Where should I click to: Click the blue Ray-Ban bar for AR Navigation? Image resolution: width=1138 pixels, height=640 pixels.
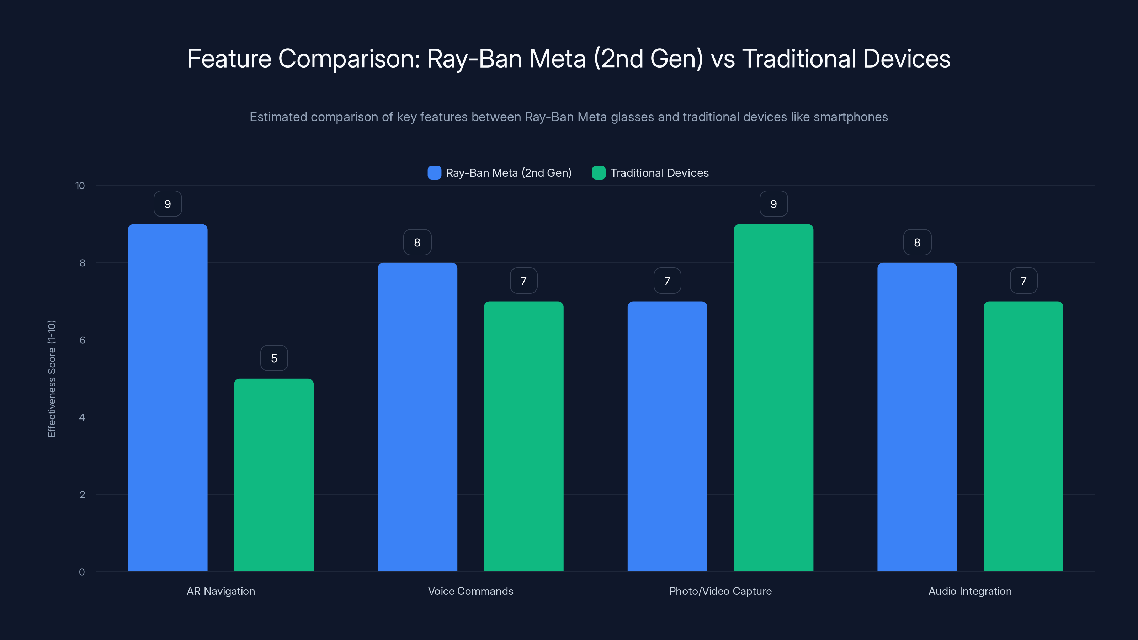click(167, 398)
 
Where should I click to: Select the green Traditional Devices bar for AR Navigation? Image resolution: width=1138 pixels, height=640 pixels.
click(273, 475)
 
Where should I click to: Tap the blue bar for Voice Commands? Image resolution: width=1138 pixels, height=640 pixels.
click(417, 417)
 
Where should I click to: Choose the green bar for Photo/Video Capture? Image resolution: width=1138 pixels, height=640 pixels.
click(773, 398)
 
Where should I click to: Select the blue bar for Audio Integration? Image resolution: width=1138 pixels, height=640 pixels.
click(917, 417)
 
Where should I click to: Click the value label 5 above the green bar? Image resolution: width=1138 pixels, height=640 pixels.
click(274, 358)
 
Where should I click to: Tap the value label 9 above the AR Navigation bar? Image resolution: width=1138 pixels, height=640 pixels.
click(167, 204)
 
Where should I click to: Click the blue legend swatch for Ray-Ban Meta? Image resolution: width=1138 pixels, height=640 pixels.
click(434, 173)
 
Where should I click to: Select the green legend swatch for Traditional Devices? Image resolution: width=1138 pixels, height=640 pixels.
click(599, 173)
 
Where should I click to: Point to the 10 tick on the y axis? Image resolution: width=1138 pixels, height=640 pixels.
click(80, 186)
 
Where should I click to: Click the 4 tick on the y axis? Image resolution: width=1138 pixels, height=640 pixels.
click(82, 417)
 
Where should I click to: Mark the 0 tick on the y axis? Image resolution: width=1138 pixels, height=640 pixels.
click(82, 572)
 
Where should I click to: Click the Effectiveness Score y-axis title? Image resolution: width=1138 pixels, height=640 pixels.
click(52, 379)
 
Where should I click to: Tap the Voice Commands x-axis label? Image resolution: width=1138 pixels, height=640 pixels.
click(470, 591)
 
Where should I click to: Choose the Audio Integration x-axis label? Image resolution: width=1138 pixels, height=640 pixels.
click(970, 591)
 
